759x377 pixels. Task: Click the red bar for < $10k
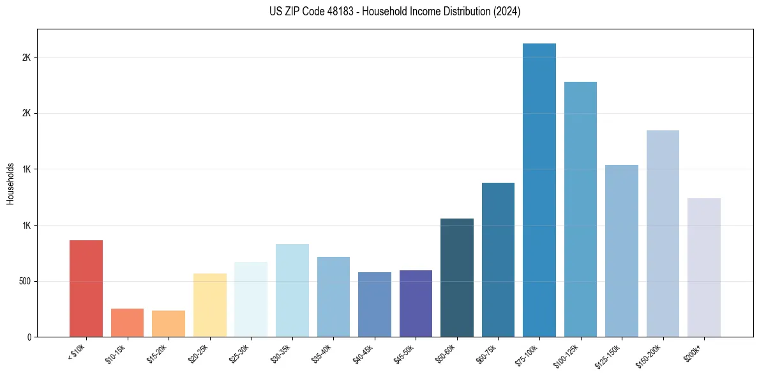click(86, 289)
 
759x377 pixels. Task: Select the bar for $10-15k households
click(127, 323)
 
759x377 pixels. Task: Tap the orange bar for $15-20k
click(169, 324)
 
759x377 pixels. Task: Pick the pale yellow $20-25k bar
click(210, 305)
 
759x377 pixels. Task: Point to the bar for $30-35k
click(292, 291)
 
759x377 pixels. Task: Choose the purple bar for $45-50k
click(416, 304)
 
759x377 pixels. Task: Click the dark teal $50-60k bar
click(457, 278)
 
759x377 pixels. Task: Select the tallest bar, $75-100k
click(539, 190)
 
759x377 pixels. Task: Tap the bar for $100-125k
click(580, 210)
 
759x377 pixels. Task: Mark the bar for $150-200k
click(663, 234)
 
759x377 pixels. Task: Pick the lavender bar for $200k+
click(704, 268)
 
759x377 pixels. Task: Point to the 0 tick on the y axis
click(29, 337)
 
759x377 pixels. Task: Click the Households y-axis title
click(10, 183)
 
